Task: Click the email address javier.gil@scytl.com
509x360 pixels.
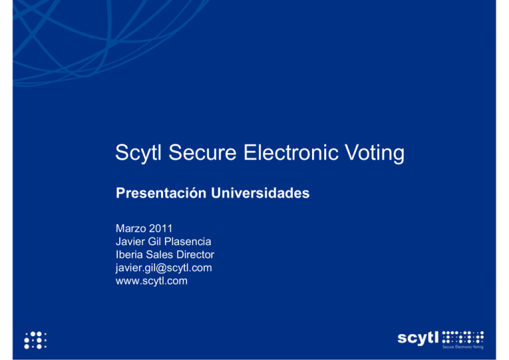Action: pyautogui.click(x=164, y=268)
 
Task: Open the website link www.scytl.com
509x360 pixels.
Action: pyautogui.click(x=151, y=280)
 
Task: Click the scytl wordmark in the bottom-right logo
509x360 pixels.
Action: pyautogui.click(x=419, y=337)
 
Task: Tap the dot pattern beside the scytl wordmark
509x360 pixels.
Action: pyautogui.click(x=463, y=336)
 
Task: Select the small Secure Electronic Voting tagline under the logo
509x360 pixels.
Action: pyautogui.click(x=462, y=347)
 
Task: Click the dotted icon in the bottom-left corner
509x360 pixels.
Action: pyautogui.click(x=35, y=339)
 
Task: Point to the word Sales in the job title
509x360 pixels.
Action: pyautogui.click(x=162, y=255)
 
